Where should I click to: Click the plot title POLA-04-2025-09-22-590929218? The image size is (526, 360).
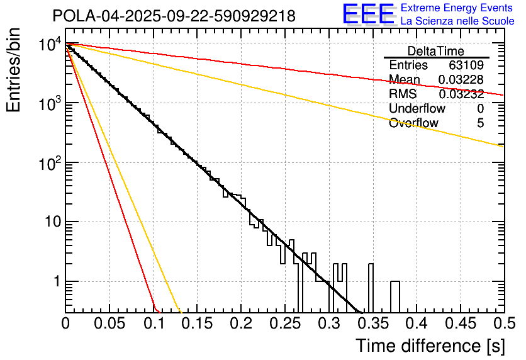coord(174,16)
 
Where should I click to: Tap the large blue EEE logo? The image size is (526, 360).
coord(368,14)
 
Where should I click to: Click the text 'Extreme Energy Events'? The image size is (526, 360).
coord(457,8)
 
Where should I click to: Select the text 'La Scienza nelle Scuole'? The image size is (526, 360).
coord(457,21)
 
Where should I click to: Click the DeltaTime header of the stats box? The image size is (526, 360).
coord(436,51)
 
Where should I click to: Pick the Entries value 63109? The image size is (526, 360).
coord(466,65)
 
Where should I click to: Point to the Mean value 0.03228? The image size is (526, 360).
coord(461,79)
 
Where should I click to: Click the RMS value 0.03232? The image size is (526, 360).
coord(461,94)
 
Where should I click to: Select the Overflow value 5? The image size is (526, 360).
coord(480,123)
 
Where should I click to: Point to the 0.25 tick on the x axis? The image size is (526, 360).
coord(284,323)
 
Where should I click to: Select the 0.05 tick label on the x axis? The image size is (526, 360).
coord(109,323)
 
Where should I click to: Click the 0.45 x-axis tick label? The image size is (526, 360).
coord(459,323)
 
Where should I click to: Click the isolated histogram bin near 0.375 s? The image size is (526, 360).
coord(395,296)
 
